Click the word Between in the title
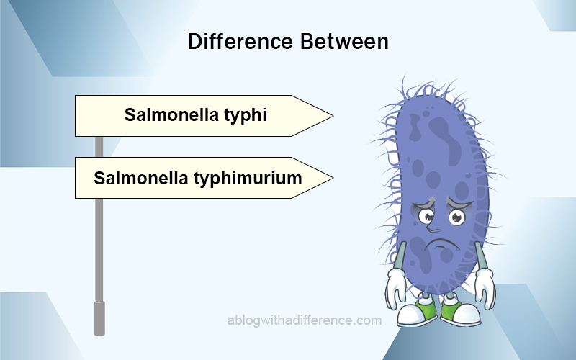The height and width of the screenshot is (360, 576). coord(344,41)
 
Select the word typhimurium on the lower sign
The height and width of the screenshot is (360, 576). coord(248,179)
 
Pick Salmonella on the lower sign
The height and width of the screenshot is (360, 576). coord(141,178)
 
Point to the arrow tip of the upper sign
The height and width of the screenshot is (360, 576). coord(333,116)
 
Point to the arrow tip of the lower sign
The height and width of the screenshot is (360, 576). coord(333,178)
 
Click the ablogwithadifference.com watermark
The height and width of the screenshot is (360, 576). coord(305,320)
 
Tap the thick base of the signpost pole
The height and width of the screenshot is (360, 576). coord(99,318)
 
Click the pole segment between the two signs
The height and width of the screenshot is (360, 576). coord(99,147)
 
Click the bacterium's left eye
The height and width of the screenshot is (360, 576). coord(426,217)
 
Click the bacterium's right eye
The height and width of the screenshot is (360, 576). coord(456,217)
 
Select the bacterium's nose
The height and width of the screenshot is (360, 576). coord(433,228)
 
